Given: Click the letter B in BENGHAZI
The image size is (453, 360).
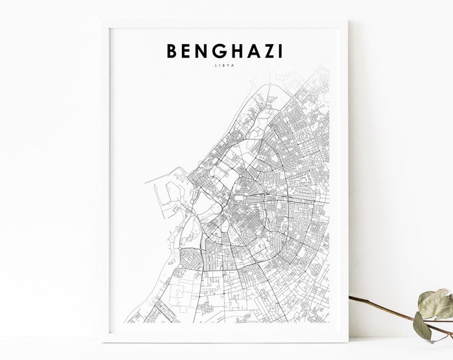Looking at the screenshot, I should (170, 52).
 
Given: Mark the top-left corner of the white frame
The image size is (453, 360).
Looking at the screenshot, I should (102, 20).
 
